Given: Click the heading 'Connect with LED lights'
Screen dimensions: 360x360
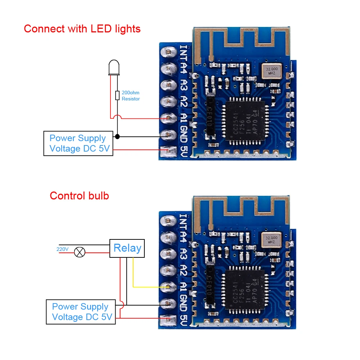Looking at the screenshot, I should click(82, 29).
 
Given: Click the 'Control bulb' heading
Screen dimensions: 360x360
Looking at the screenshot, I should click(79, 196).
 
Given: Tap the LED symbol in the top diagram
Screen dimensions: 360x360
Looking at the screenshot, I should click(114, 68).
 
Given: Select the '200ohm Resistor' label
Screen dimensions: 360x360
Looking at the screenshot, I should click(130, 96).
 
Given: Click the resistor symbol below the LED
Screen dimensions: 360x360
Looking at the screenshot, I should click(117, 95).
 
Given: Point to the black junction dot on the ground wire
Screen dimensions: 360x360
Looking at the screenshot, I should click(117, 137).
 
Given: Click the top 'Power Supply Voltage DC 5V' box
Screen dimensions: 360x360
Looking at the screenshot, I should click(78, 144).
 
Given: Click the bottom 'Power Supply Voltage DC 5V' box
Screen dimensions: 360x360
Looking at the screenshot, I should click(81, 312).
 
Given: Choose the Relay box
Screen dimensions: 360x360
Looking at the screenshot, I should click(127, 248).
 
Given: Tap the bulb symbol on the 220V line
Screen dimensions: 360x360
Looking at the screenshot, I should click(79, 252).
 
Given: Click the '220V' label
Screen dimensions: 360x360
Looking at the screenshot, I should click(62, 249).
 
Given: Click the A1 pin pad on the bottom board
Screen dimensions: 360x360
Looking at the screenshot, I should click(168, 287).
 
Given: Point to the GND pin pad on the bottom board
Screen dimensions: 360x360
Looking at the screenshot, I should click(168, 303).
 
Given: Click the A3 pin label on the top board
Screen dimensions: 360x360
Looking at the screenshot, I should click(184, 86).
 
